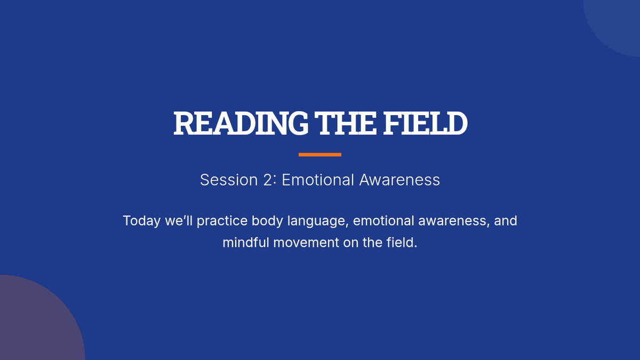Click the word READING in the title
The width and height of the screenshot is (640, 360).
click(241, 123)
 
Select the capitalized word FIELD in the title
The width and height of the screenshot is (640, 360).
click(425, 123)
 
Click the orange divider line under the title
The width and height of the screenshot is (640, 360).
click(320, 155)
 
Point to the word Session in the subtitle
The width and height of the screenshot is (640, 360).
click(229, 180)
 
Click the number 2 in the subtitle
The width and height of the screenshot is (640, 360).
click(267, 180)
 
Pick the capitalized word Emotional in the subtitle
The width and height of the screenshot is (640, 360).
click(318, 180)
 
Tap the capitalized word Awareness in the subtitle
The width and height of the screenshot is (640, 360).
click(399, 180)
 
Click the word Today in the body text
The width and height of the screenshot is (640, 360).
click(142, 221)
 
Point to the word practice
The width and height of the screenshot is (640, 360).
click(222, 221)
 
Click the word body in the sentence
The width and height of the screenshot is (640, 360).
click(267, 221)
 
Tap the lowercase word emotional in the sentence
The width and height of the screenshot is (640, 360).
click(383, 221)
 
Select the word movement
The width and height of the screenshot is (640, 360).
click(306, 243)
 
